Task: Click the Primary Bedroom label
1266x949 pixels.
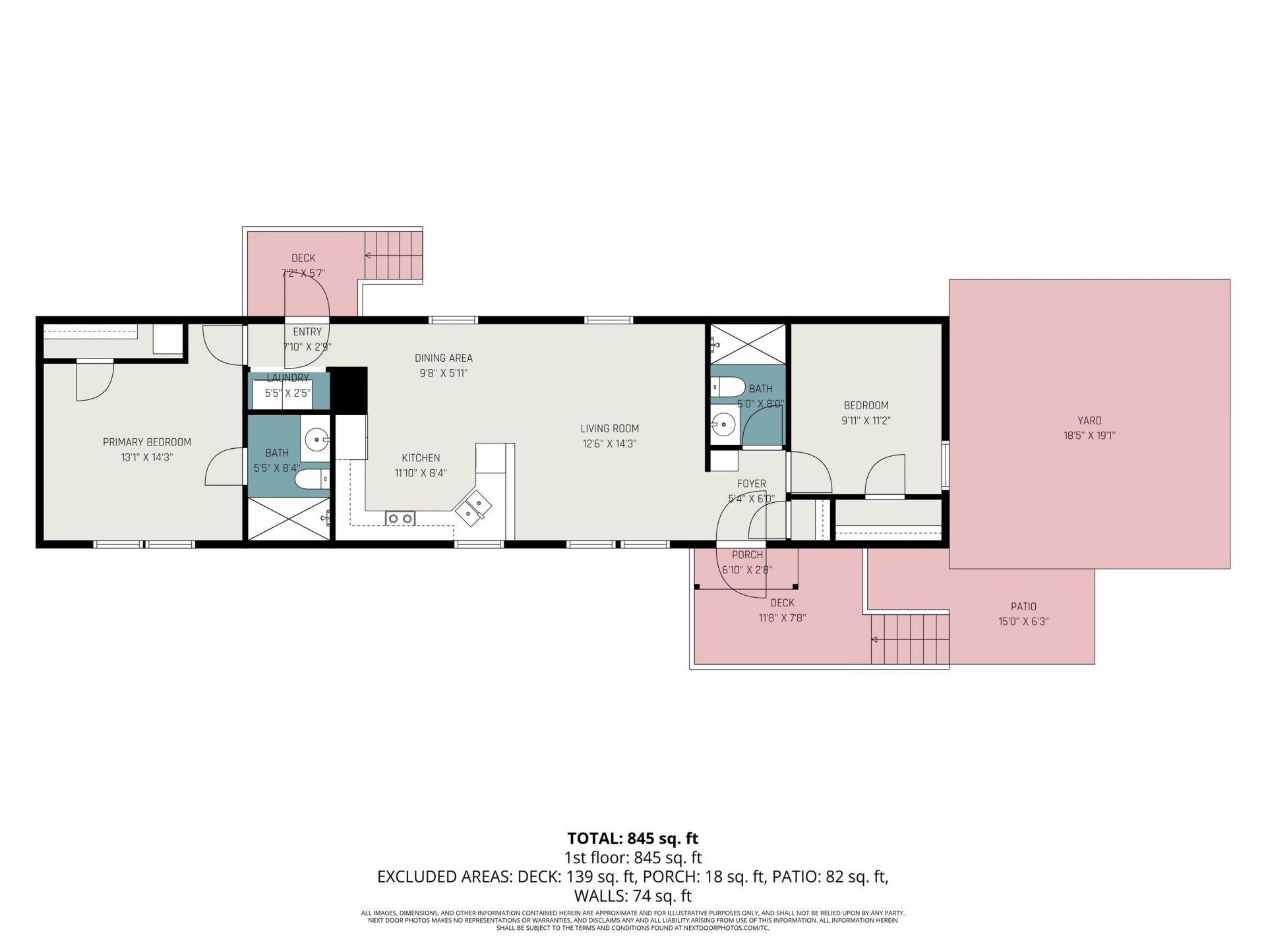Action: [146, 442]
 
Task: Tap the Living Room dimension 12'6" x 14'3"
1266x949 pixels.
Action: [609, 444]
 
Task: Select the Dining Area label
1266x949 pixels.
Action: [443, 359]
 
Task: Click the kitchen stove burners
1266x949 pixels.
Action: [400, 519]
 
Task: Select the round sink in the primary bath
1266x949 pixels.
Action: [318, 438]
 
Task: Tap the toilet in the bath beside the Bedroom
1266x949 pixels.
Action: [728, 387]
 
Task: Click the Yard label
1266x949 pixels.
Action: [1089, 420]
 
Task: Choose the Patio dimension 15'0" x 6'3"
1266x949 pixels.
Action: [1023, 621]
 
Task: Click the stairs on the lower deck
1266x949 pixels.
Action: [910, 639]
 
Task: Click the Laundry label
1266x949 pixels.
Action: [287, 378]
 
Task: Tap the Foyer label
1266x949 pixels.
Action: [751, 484]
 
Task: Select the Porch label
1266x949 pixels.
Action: [747, 555]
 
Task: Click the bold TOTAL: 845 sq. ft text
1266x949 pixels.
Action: [632, 838]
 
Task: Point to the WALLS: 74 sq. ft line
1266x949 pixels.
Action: [632, 896]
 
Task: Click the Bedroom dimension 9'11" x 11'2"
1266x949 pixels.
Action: [866, 420]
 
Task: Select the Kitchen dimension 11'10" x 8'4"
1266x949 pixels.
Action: [421, 473]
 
